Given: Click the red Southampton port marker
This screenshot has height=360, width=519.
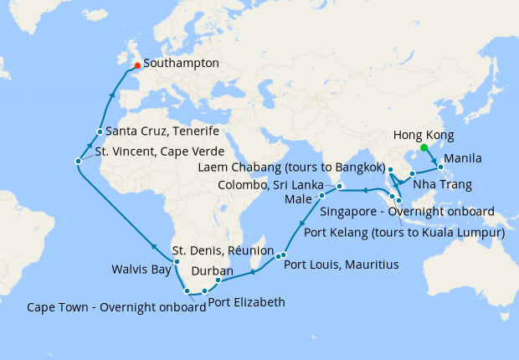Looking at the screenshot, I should tap(137, 65).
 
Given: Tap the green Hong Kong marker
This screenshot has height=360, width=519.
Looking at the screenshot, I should tap(424, 147).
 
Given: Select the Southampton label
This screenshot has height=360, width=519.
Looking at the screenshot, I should tap(182, 63).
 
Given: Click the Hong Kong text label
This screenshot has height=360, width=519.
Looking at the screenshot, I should tap(423, 135).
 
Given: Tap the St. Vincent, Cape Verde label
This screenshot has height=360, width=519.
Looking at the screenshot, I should tap(159, 152).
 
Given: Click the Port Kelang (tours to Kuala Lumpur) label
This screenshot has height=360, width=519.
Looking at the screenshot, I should tap(404, 233).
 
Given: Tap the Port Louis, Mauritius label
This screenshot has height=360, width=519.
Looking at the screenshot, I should tap(341, 265).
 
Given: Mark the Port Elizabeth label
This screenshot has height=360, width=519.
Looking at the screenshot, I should tap(246, 302).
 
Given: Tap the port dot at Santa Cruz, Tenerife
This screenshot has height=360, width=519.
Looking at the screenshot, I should tap(100, 131).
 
